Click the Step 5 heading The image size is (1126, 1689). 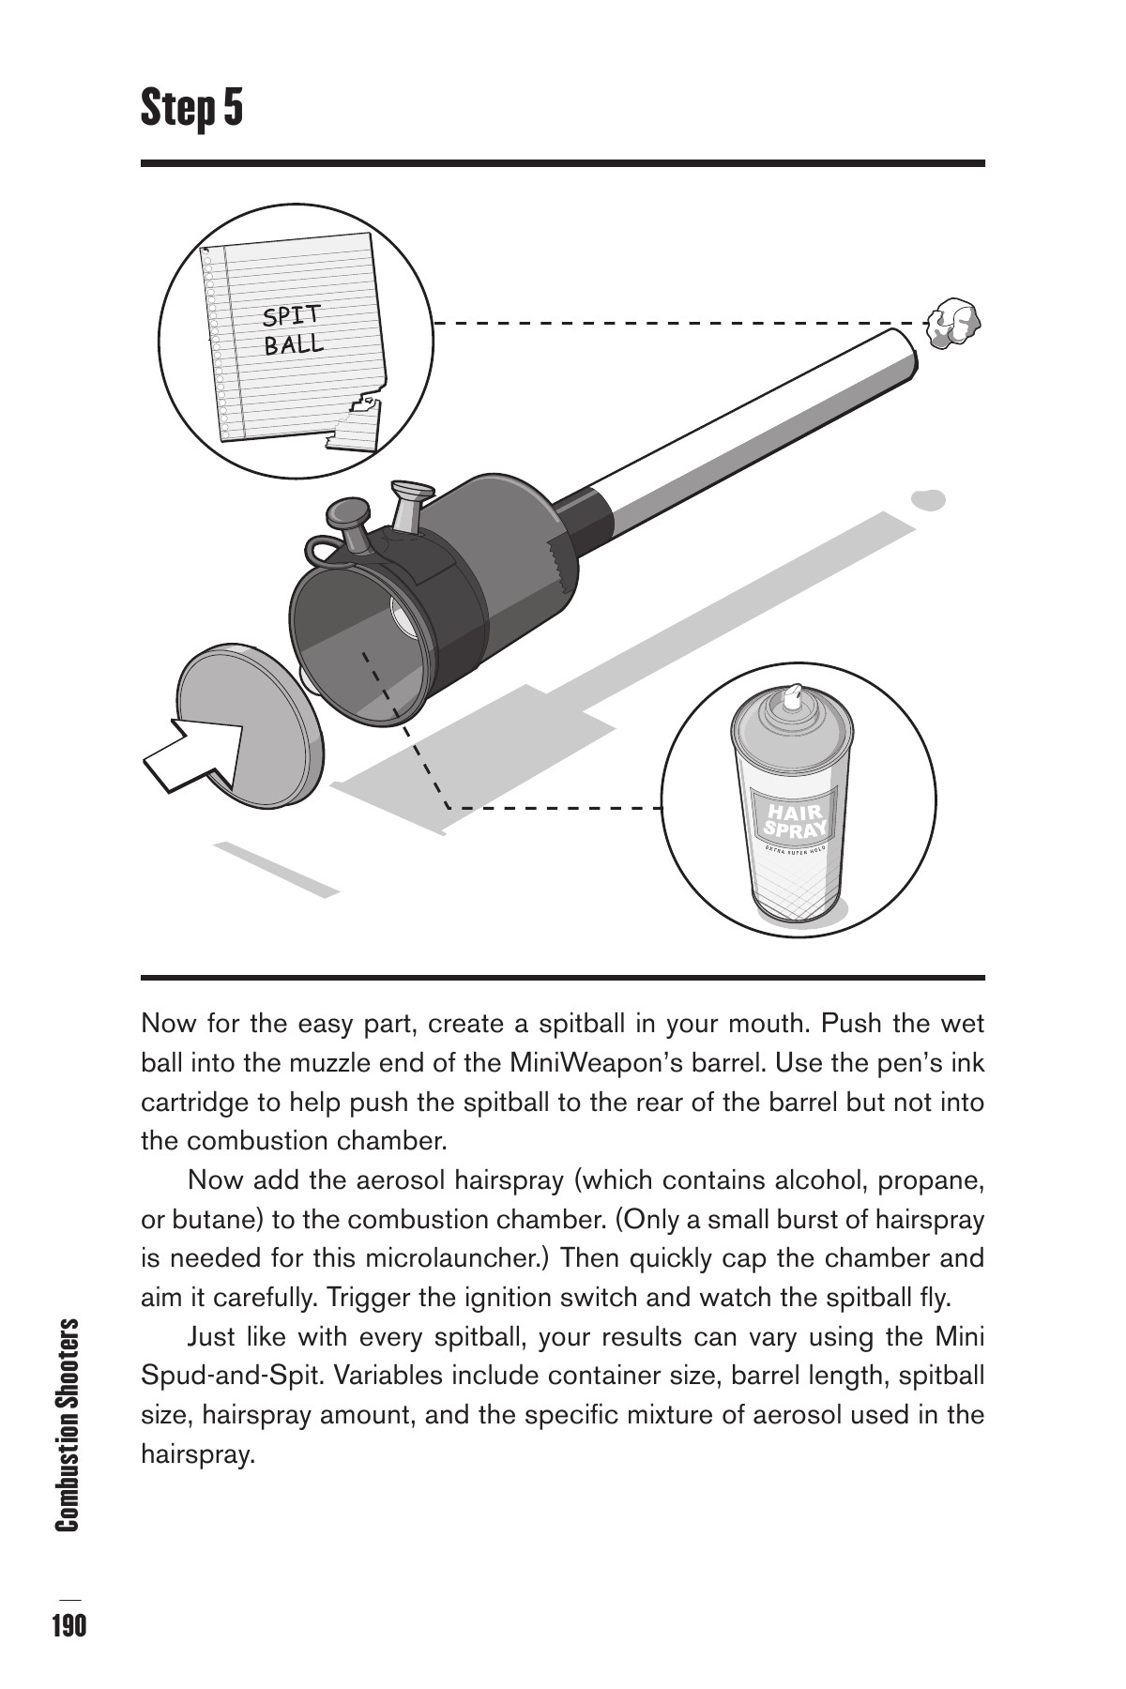[192, 108]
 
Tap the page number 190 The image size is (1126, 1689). [68, 1626]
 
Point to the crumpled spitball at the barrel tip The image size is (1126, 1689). [952, 322]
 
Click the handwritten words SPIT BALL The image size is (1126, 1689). [293, 329]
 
